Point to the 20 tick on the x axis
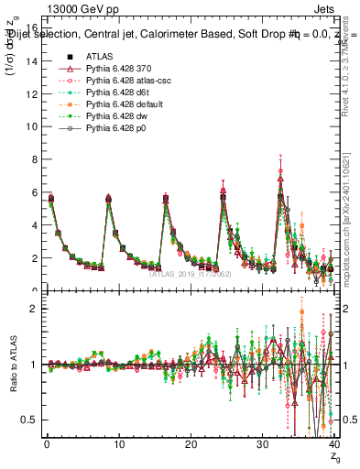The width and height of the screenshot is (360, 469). point(191,446)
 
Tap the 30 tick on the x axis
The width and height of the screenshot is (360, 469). point(263,446)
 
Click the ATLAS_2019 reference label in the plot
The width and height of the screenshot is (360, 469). point(191,272)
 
